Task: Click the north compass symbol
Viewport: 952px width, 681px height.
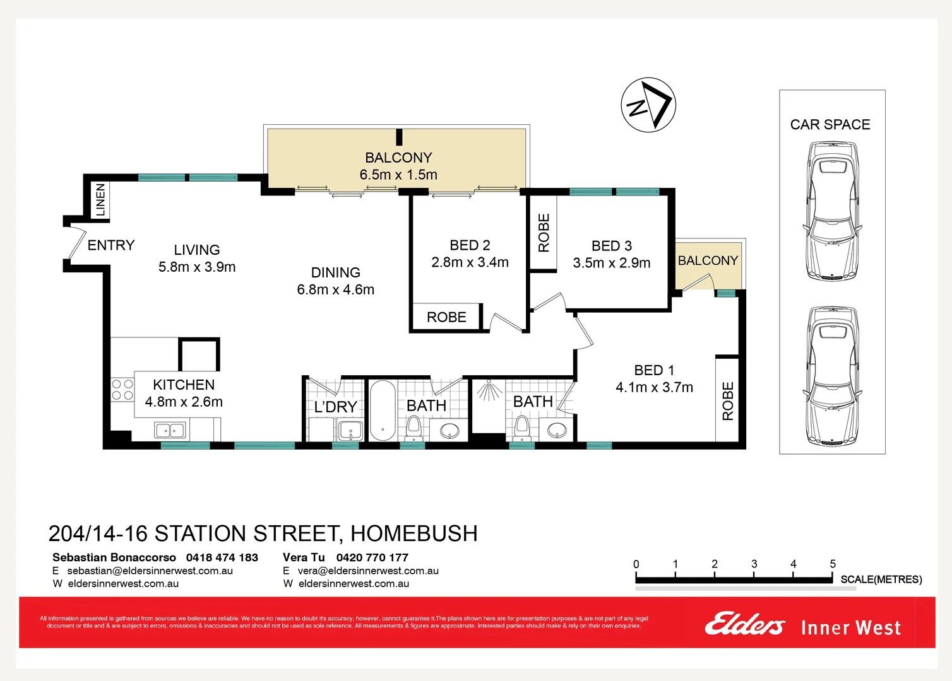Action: pyautogui.click(x=648, y=105)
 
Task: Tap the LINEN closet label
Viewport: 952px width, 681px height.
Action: pyautogui.click(x=100, y=199)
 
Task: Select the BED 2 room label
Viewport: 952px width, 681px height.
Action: pyautogui.click(x=470, y=245)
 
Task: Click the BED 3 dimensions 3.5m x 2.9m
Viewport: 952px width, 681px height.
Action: pyautogui.click(x=611, y=263)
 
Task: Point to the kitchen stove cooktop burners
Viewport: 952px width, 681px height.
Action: pyautogui.click(x=122, y=390)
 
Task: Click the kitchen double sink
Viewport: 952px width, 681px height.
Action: pyautogui.click(x=170, y=431)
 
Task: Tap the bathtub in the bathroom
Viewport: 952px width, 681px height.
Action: pyautogui.click(x=382, y=410)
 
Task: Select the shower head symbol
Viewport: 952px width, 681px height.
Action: pyautogui.click(x=489, y=391)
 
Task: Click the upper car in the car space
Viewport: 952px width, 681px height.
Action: pyautogui.click(x=832, y=211)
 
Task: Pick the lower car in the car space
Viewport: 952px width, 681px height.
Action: pyautogui.click(x=832, y=376)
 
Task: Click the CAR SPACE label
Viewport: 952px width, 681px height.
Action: pyautogui.click(x=830, y=125)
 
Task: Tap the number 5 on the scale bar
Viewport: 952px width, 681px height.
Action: pyautogui.click(x=833, y=564)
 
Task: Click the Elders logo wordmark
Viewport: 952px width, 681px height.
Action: pyautogui.click(x=745, y=624)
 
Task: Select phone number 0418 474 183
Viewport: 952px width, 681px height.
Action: pyautogui.click(x=222, y=557)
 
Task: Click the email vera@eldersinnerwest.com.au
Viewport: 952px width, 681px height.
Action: pyautogui.click(x=368, y=571)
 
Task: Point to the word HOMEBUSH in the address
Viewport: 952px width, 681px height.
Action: pyautogui.click(x=414, y=534)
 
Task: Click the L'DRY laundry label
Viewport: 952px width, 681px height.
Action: pyautogui.click(x=335, y=407)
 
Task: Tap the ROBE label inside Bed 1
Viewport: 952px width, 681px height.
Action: pyautogui.click(x=728, y=401)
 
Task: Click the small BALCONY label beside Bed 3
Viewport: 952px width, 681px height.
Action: pyautogui.click(x=708, y=260)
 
